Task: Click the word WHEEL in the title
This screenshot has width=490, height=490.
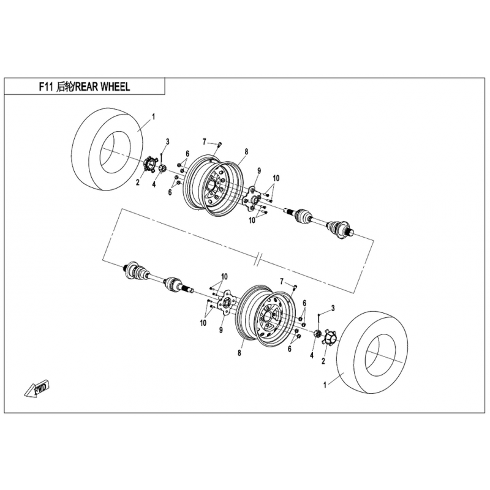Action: tap(112, 88)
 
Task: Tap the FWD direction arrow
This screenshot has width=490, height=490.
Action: tap(38, 387)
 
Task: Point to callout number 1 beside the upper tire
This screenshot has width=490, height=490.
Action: tap(153, 116)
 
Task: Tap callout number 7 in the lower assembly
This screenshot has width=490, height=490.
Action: tap(282, 281)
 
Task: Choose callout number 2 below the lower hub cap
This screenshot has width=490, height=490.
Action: tap(323, 361)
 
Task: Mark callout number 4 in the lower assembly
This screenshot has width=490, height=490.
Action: tap(311, 355)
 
